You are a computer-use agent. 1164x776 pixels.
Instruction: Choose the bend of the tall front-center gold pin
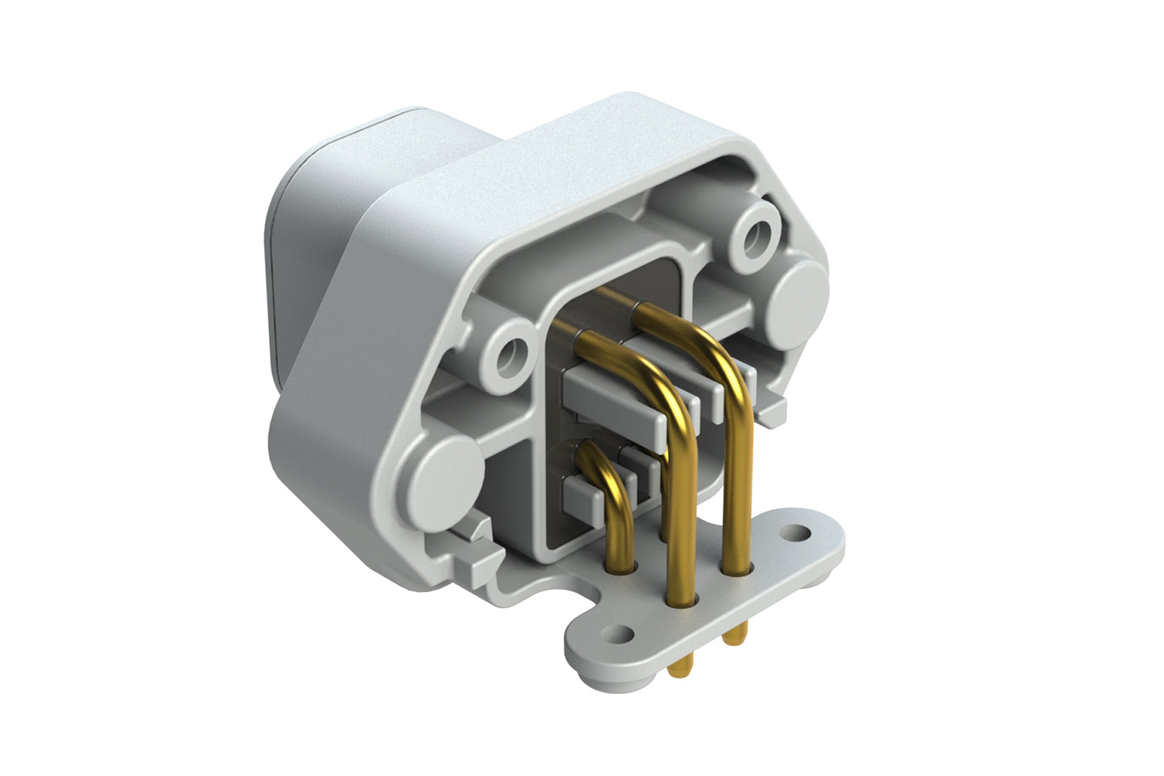point(661,385)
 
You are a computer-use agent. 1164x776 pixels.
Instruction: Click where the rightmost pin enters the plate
point(736,569)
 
